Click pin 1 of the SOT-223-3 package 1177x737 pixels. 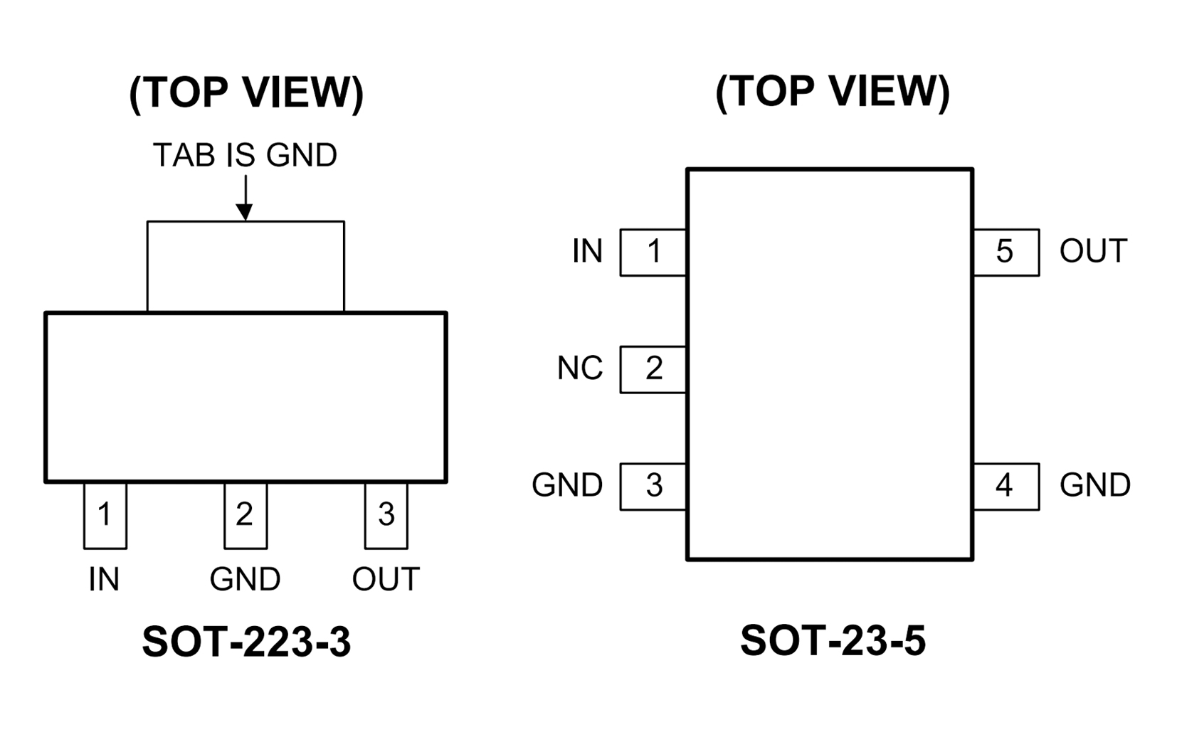coord(105,516)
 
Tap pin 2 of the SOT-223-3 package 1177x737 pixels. coord(245,516)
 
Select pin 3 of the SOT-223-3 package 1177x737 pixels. coord(386,516)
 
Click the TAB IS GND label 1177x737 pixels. coord(245,155)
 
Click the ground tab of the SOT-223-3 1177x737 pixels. coord(246,266)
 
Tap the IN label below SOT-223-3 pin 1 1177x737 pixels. coord(104,580)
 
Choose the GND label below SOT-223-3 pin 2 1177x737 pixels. coord(245,580)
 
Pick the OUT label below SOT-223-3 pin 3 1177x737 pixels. coord(386,580)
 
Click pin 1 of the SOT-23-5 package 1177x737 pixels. coord(653,252)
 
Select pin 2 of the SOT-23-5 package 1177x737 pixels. coord(653,369)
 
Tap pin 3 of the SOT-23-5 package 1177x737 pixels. coord(653,487)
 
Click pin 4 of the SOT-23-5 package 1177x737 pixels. coord(1006,487)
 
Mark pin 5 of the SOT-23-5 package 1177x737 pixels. coord(1006,252)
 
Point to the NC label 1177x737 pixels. coord(579,368)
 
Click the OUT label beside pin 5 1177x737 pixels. coord(1093,251)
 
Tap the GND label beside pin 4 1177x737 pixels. coord(1094,486)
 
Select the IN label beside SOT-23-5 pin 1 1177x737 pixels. coord(587,251)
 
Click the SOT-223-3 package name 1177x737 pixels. coord(246,642)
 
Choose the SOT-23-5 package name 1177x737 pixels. coord(833,640)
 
